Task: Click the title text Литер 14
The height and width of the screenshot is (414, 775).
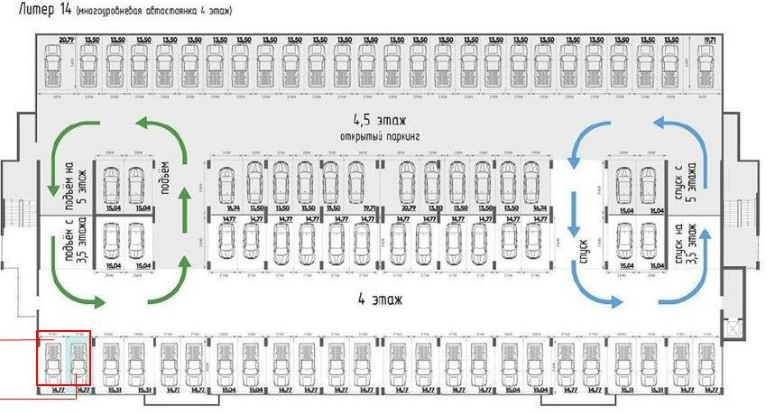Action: coord(36,11)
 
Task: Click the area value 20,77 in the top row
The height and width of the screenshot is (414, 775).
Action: coord(66,41)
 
